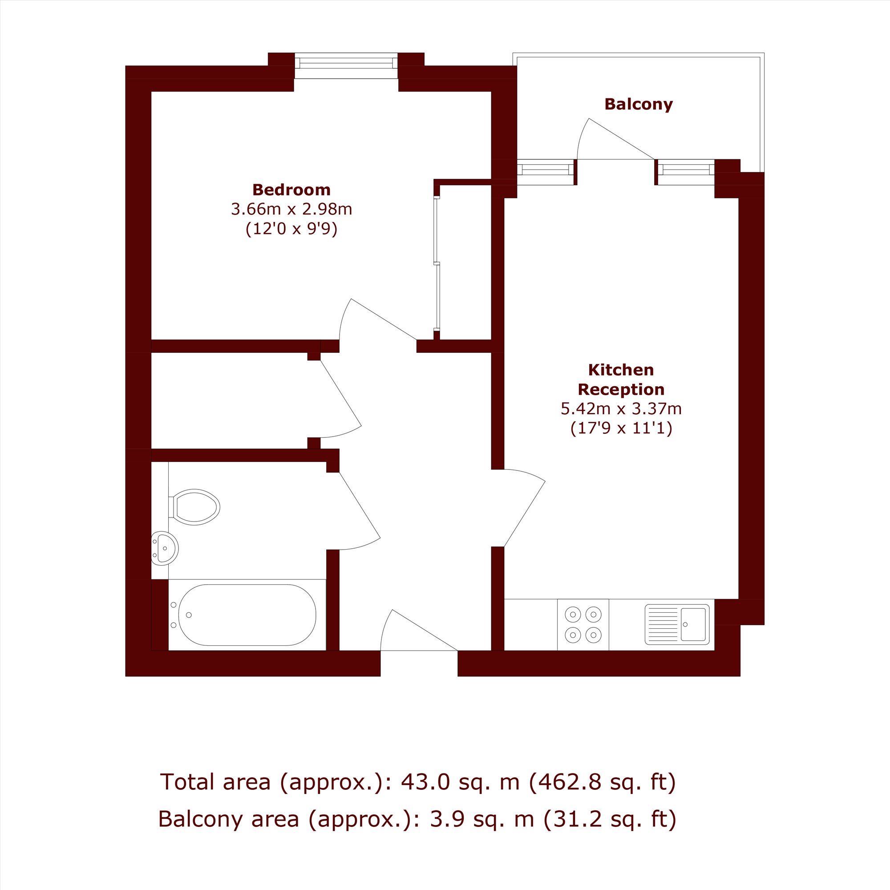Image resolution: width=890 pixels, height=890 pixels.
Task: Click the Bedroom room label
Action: pyautogui.click(x=291, y=190)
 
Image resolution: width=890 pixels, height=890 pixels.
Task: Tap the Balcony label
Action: pyautogui.click(x=639, y=104)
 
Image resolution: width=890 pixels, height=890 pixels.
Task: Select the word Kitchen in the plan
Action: pyautogui.click(x=621, y=370)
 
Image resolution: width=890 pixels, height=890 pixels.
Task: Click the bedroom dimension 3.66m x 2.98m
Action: pyautogui.click(x=291, y=209)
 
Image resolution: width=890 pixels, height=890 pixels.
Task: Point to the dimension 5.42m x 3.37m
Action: pyautogui.click(x=621, y=409)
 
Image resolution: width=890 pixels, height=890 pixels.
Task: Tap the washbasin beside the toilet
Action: pyautogui.click(x=165, y=548)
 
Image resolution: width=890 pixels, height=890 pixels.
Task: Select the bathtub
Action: pyautogui.click(x=247, y=615)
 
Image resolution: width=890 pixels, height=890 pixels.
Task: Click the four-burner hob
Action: pyautogui.click(x=583, y=625)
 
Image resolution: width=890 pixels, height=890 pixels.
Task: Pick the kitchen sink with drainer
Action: pyautogui.click(x=677, y=624)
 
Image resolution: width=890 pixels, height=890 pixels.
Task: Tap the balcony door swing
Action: pyautogui.click(x=616, y=139)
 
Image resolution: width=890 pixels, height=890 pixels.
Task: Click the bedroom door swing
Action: pyautogui.click(x=378, y=319)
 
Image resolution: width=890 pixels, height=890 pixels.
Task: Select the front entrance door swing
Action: pyautogui.click(x=419, y=630)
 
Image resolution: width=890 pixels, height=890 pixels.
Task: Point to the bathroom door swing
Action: pyautogui.click(x=360, y=511)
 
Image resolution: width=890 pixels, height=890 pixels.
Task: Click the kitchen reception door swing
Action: pyautogui.click(x=525, y=508)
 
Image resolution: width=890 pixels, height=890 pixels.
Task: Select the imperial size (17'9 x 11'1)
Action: pyautogui.click(x=621, y=429)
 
